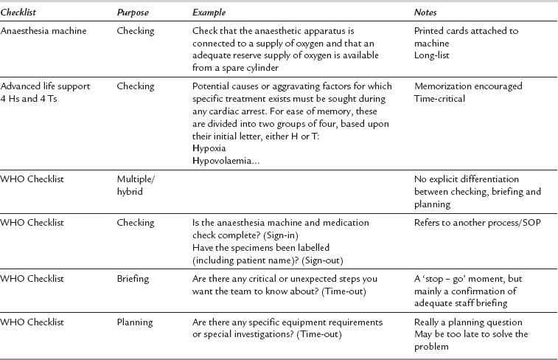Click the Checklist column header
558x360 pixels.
tap(19, 14)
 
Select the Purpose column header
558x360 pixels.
tap(133, 14)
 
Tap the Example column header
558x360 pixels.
tap(209, 14)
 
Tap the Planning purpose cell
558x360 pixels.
tap(134, 323)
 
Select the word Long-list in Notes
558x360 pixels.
tap(433, 55)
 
